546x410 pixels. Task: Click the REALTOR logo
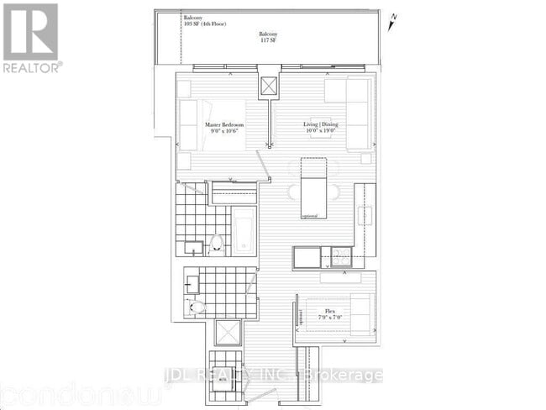coord(30,37)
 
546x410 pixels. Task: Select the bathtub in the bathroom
coord(244,230)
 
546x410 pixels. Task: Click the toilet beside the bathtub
coord(217,243)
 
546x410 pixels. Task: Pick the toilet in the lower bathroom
coord(195,307)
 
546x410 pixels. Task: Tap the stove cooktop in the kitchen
coord(341,256)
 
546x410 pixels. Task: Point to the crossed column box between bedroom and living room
coord(269,87)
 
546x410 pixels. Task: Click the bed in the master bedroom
coord(213,124)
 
